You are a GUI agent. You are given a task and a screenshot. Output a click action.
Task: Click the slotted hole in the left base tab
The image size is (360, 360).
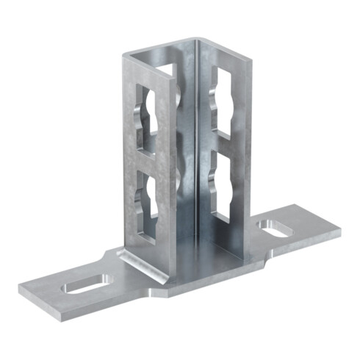(86, 284)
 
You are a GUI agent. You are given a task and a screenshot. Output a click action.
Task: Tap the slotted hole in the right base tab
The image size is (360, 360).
(273, 228)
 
